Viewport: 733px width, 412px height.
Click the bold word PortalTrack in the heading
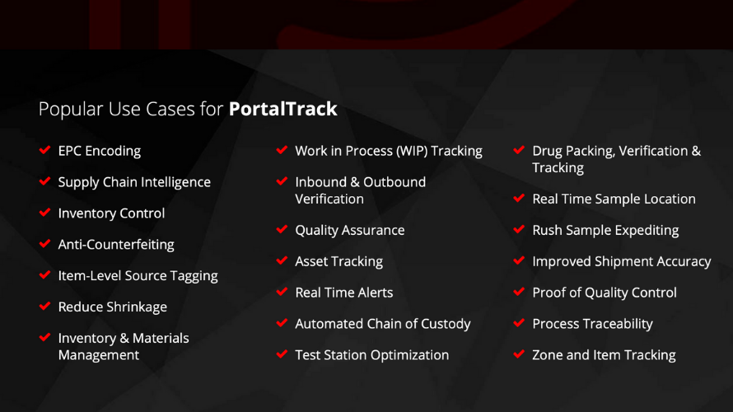pos(282,110)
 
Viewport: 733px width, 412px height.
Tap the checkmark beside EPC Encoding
pos(44,151)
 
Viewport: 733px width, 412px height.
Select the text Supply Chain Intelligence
pos(133,182)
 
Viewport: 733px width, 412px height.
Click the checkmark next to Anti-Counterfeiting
pos(44,244)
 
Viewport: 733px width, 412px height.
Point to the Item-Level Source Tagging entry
pos(138,276)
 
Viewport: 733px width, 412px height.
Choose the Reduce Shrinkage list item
pos(112,307)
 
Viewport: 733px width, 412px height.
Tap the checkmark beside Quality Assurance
pos(282,230)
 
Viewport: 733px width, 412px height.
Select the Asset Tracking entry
pos(338,261)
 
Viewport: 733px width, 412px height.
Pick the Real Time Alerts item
pos(343,293)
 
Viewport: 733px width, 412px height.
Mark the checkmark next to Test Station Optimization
pos(282,355)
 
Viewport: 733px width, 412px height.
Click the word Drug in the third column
pos(548,151)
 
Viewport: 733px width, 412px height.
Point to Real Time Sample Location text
pos(614,199)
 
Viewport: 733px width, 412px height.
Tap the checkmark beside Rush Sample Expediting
pos(519,230)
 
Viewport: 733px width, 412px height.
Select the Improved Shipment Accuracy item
pos(621,261)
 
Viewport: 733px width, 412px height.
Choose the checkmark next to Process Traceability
pos(519,324)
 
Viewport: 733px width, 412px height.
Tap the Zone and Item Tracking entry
pos(604,355)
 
